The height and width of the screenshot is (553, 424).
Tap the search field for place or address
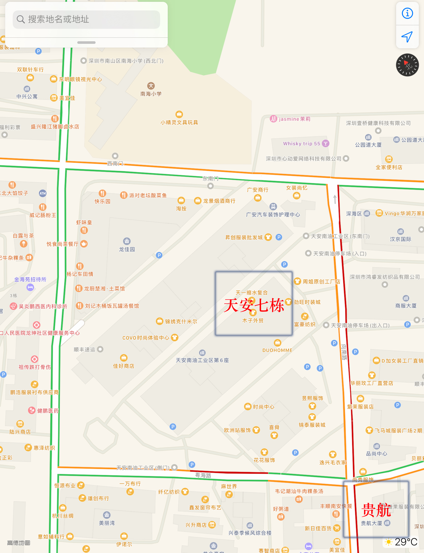(86, 19)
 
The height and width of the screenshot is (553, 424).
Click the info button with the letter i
(407, 13)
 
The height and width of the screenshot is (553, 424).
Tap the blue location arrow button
(407, 37)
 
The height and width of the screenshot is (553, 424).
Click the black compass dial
(407, 65)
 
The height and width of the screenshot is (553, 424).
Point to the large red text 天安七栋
(254, 305)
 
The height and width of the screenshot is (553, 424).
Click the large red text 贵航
(376, 510)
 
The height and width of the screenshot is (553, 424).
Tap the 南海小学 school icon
(151, 86)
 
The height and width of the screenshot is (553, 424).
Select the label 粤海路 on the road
(203, 475)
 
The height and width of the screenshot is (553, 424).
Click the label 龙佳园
(127, 249)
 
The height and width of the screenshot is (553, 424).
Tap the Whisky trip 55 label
(302, 144)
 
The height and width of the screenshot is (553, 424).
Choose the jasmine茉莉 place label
(294, 119)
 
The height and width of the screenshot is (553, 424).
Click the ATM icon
(43, 193)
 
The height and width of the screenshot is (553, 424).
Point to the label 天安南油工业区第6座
(202, 360)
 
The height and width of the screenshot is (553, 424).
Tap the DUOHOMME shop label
(277, 350)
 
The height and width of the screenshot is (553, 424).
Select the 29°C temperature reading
(406, 542)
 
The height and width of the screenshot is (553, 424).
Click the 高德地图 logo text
(19, 543)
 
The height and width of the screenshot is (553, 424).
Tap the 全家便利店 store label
(389, 167)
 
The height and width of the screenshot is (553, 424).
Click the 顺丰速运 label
(84, 349)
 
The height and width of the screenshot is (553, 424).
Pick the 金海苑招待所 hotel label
(30, 279)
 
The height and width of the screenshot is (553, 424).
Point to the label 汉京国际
(401, 239)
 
